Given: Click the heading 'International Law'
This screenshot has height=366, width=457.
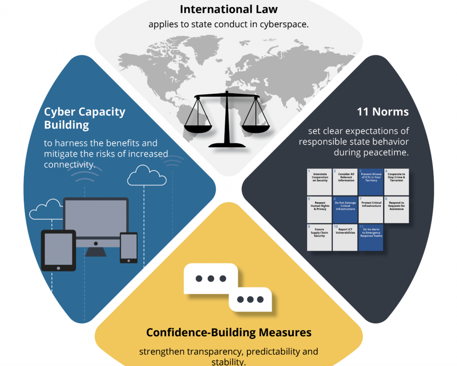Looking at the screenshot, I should (x=228, y=9).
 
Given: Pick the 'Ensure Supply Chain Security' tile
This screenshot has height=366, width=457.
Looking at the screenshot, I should (x=319, y=237).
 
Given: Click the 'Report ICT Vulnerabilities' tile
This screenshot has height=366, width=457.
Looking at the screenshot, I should (x=345, y=237).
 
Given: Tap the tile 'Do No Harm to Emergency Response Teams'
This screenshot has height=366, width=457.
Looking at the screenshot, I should (x=371, y=237).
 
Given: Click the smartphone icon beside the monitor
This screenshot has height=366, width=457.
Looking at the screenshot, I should (x=128, y=248).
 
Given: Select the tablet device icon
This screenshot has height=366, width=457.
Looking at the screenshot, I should (x=58, y=250).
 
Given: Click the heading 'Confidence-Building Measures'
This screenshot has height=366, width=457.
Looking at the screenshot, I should (x=228, y=332).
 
